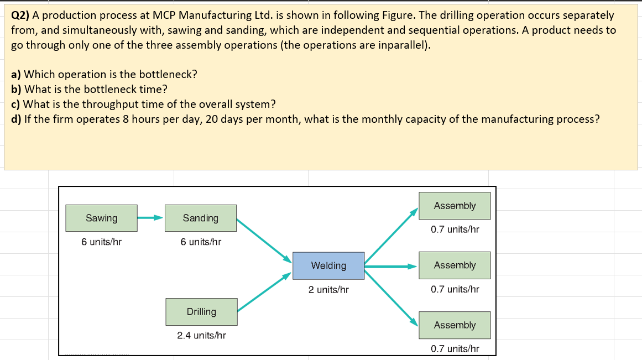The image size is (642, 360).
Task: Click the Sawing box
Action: pos(101,218)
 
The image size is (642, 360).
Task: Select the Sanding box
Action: pos(201,218)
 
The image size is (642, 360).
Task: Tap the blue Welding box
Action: pos(328,265)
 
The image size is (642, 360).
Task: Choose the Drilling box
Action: pos(201,312)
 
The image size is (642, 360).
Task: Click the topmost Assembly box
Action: pos(455,206)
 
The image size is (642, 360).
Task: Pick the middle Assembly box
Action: pos(455,265)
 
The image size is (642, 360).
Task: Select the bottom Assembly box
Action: pos(455,325)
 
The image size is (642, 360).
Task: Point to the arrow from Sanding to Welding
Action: pos(264,239)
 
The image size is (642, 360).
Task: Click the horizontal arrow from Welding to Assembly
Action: pos(390,266)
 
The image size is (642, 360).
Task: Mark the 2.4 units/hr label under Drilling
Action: pos(201,335)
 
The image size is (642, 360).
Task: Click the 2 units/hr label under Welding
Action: pos(328,289)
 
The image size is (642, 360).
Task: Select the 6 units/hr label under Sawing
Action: pos(101,242)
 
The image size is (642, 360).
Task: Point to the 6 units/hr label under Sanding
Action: pos(201,242)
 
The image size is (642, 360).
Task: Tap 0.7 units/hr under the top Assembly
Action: pos(455,229)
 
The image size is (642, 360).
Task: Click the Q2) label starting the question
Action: pos(20,15)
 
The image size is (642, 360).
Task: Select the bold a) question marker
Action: pos(16,74)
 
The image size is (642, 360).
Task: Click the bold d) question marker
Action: pos(17,119)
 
